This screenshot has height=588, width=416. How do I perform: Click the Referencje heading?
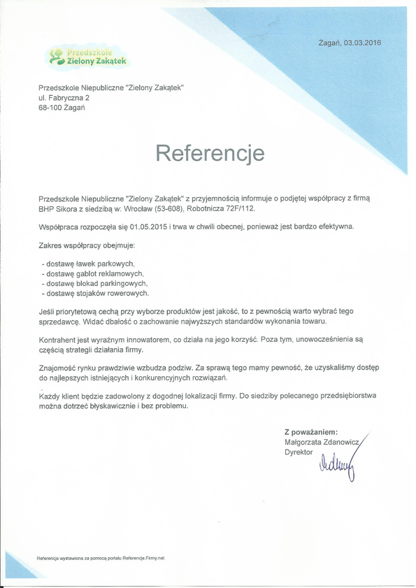(x=209, y=153)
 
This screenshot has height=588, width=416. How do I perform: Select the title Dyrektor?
(x=299, y=452)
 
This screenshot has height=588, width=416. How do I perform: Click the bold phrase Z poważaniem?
(x=311, y=432)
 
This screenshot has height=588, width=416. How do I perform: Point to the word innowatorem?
(x=138, y=338)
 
